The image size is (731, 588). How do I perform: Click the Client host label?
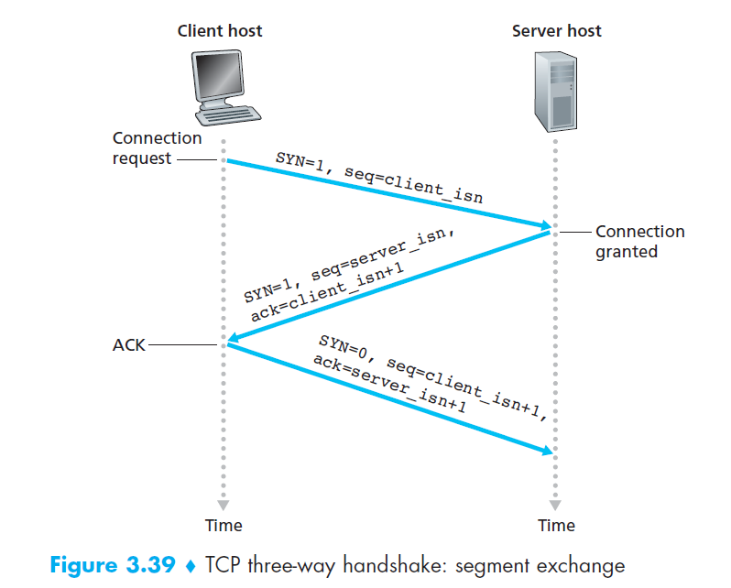click(220, 31)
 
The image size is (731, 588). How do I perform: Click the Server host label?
click(556, 31)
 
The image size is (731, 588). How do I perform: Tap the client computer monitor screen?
click(217, 77)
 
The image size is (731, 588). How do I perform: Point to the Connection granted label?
click(639, 241)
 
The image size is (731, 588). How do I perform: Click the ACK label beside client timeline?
click(129, 345)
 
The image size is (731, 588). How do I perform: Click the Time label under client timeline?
click(224, 525)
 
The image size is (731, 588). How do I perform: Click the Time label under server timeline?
click(555, 525)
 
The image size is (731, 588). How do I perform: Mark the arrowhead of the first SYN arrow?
click(544, 224)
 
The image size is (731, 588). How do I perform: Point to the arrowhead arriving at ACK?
click(235, 340)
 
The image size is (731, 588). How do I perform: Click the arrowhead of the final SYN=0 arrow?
click(545, 450)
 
